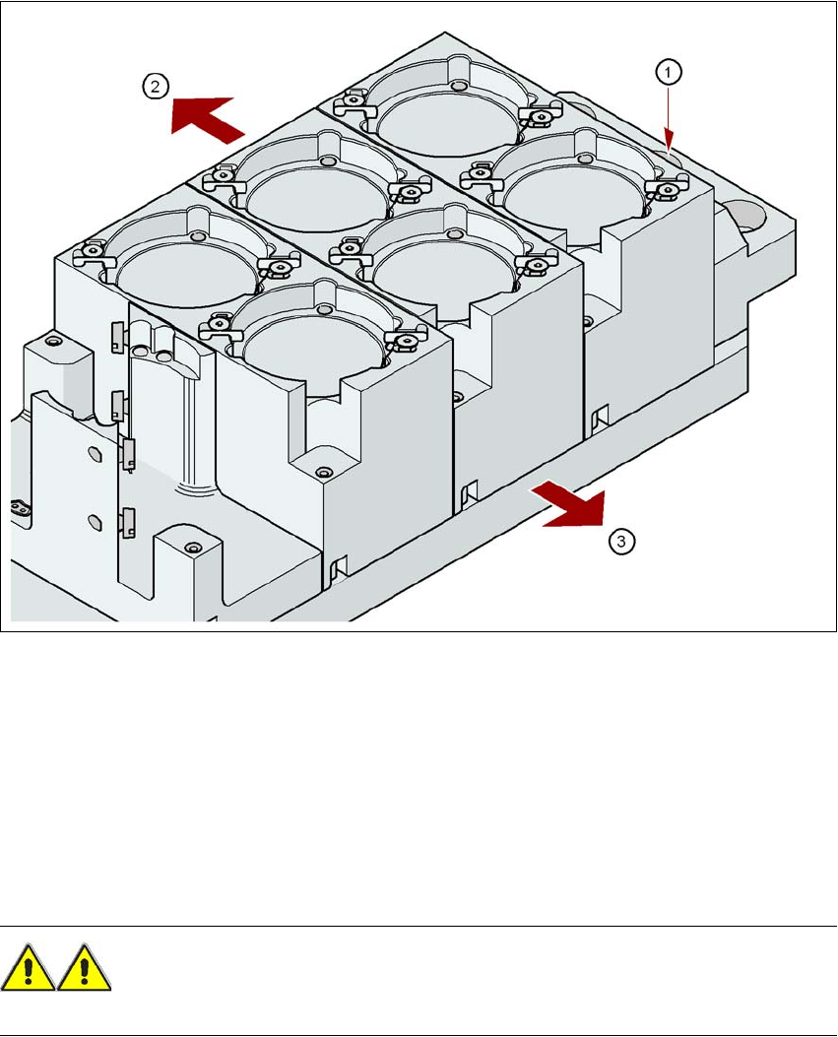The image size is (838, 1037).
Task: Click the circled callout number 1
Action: [x=668, y=72]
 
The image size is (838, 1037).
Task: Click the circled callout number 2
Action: [x=156, y=87]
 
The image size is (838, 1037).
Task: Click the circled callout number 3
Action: [x=621, y=542]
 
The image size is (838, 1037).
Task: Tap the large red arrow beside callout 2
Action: [x=206, y=119]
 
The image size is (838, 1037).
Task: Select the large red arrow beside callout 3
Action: [x=571, y=504]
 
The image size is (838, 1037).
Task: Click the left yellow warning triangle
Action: [x=28, y=967]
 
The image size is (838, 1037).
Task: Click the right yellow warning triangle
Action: [x=84, y=967]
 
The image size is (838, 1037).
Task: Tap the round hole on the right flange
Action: [x=748, y=219]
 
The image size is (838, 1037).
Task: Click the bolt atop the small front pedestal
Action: [x=193, y=548]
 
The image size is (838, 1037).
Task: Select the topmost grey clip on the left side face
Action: [x=117, y=335]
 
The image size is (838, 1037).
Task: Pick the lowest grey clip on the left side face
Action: [x=128, y=522]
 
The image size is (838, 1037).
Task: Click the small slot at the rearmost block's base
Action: [x=600, y=418]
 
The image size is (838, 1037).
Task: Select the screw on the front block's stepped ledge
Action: [x=323, y=472]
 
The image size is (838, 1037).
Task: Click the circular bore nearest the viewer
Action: [x=312, y=350]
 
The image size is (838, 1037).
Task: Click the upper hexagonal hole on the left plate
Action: [x=94, y=456]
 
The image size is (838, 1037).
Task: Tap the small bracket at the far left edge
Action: [x=20, y=508]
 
